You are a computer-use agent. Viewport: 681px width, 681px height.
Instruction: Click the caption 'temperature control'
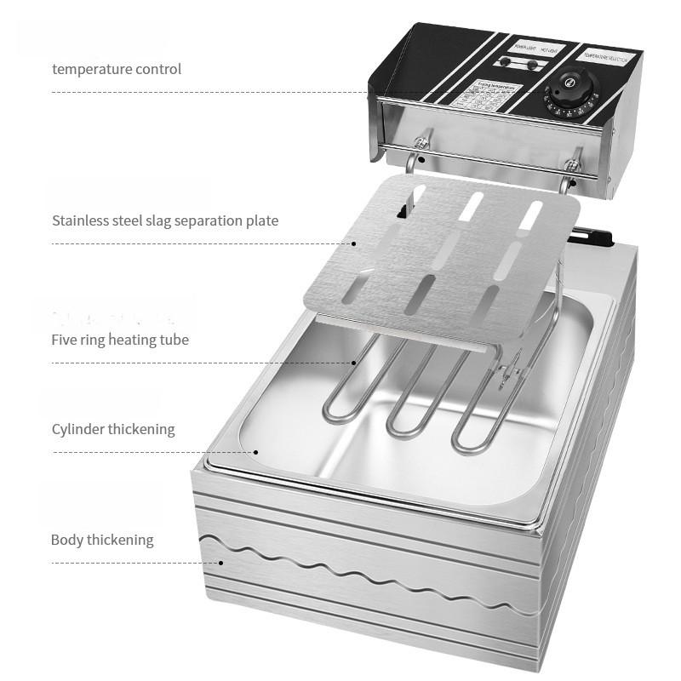click(x=117, y=69)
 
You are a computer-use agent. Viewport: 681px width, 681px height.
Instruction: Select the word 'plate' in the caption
click(x=260, y=220)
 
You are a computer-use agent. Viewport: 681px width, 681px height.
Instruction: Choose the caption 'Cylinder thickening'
click(x=113, y=429)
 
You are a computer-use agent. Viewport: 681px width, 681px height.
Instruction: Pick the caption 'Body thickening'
click(x=102, y=540)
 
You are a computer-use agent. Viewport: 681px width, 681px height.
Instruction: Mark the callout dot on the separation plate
click(x=354, y=243)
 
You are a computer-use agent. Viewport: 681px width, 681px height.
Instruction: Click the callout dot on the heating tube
click(x=354, y=363)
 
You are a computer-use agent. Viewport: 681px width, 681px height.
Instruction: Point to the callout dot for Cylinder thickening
click(x=256, y=452)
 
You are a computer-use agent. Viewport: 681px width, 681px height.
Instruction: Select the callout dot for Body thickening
click(x=220, y=563)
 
